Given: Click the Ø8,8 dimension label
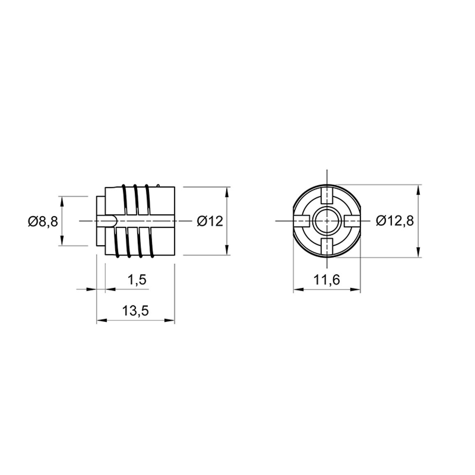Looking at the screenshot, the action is point(43,221).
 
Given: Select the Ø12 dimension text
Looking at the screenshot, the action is point(210,221).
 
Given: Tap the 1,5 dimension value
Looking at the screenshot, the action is point(137,279).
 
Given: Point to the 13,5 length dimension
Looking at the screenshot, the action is point(136,311).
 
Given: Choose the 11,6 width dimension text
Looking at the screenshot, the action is point(327,279).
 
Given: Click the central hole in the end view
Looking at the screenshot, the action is point(327,221).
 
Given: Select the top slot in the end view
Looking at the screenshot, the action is point(327,196).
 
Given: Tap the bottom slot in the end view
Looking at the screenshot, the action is point(327,246).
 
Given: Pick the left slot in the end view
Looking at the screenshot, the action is point(301,221).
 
